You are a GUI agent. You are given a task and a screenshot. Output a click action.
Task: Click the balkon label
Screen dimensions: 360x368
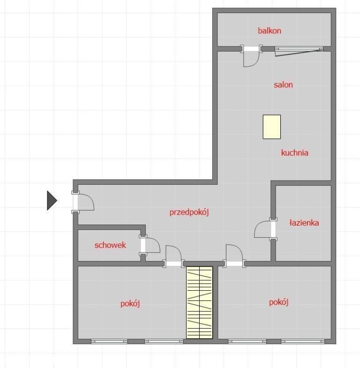coord(270,31)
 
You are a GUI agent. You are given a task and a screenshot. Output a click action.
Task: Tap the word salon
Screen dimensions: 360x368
coord(283,85)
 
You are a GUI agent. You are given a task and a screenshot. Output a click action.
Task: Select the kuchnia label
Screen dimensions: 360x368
coord(294,153)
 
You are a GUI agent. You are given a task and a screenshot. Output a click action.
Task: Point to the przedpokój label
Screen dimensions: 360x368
coord(189,212)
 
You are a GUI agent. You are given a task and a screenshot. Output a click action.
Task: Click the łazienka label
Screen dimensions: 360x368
coord(304,223)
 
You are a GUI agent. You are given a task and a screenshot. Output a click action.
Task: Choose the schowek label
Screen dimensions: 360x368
coord(110,245)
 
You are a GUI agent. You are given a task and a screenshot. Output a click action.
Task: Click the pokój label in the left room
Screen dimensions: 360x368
coord(130,304)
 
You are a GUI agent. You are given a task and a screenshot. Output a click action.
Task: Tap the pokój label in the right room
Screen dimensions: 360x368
coord(278,302)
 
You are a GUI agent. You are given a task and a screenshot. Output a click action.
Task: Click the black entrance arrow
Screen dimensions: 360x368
coord(52,201)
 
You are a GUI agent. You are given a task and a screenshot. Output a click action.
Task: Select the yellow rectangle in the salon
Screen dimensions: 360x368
coord(272,127)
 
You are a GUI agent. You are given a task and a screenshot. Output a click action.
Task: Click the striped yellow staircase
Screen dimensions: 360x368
coord(199,302)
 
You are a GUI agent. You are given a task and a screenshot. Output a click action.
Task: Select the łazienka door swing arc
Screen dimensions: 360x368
coord(258,226)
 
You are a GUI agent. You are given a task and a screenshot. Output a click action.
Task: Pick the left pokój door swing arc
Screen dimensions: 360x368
coord(178,249)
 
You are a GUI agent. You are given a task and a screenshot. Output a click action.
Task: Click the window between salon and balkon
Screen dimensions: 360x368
coord(299,49)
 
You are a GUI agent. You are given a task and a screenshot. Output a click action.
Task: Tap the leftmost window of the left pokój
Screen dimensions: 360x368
coord(109,341)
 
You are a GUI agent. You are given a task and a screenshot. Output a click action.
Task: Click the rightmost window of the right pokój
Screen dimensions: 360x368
coord(303,341)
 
